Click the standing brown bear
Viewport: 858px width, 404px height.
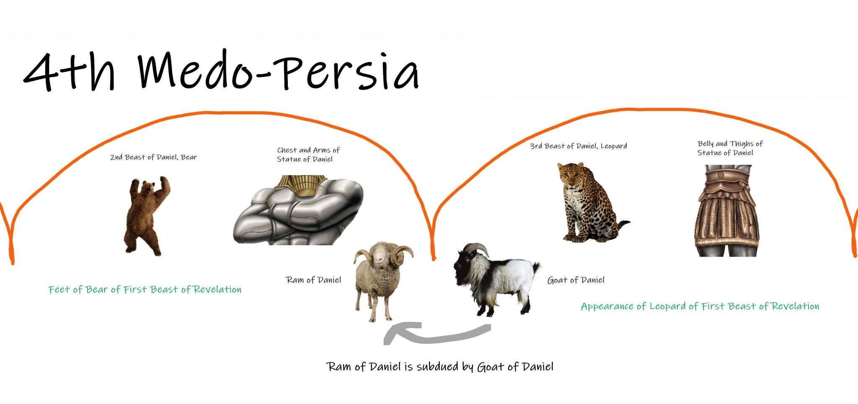tap(147, 216)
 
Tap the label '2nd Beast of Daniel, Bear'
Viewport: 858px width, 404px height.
tap(153, 157)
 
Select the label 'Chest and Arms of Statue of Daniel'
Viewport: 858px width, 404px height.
tap(308, 155)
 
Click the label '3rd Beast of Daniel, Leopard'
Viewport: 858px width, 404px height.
tap(579, 146)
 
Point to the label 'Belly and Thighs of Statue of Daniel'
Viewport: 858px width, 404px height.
tap(730, 148)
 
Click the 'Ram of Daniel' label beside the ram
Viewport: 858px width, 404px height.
tap(313, 280)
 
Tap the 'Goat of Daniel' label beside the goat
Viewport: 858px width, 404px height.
tap(576, 280)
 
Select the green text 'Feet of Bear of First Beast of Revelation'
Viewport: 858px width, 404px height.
tap(145, 290)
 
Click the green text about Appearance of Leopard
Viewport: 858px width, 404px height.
tap(700, 306)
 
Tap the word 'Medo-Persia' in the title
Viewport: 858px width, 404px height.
tap(279, 70)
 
